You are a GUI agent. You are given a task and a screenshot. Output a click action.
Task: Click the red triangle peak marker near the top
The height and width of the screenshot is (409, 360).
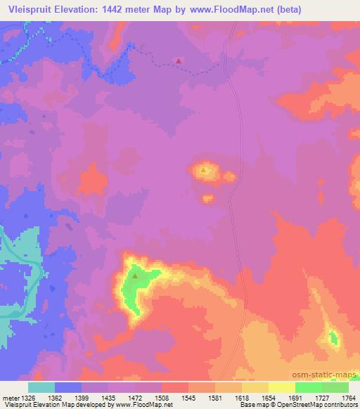[179, 60]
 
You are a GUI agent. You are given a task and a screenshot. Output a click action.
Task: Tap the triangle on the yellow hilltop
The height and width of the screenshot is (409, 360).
[204, 169]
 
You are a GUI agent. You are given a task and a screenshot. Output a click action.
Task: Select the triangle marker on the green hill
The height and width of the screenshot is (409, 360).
[134, 275]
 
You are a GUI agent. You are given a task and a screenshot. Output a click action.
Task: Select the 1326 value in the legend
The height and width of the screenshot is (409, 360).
[28, 398]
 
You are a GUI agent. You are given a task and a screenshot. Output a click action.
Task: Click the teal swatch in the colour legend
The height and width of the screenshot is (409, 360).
[41, 387]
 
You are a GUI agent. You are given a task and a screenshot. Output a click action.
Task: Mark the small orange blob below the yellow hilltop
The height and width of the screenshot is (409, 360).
[209, 199]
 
